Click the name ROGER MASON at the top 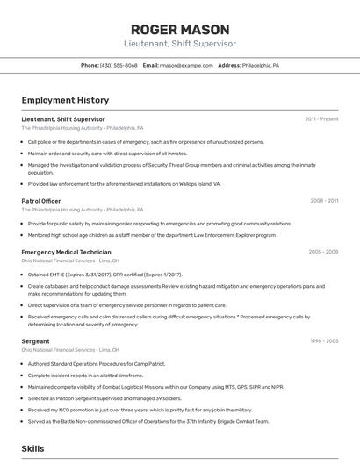click(179, 29)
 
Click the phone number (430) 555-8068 click(119, 66)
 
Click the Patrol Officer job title click(41, 201)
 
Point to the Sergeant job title click(35, 340)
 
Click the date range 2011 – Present click(321, 119)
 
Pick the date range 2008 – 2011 click(324, 201)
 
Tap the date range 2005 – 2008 click(323, 252)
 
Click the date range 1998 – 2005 click(324, 340)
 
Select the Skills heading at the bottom click(32, 448)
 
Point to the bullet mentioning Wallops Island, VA click(124, 184)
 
